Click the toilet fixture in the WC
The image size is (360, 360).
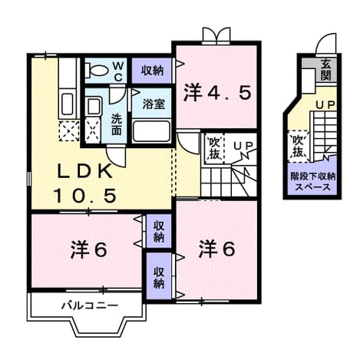pyautogui.click(x=97, y=70)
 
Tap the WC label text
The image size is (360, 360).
pyautogui.click(x=117, y=71)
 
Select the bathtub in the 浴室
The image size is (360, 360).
pyautogui.click(x=151, y=130)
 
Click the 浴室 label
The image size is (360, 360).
pyautogui.click(x=154, y=104)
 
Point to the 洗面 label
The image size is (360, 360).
pyautogui.click(x=116, y=124)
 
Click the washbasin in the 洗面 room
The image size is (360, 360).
pyautogui.click(x=94, y=106)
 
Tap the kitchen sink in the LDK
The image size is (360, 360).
pyautogui.click(x=68, y=104)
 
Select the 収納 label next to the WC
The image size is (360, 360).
pyautogui.click(x=153, y=70)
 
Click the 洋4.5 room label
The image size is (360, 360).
pyautogui.click(x=217, y=94)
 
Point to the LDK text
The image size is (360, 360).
pyautogui.click(x=84, y=172)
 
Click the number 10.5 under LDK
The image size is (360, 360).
pyautogui.click(x=85, y=195)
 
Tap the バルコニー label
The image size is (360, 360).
pyautogui.click(x=90, y=306)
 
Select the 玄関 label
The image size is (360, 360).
pyautogui.click(x=325, y=70)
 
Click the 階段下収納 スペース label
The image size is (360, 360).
pyautogui.click(x=312, y=182)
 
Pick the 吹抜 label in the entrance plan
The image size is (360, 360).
pyautogui.click(x=298, y=146)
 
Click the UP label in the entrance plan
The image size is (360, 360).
pyautogui.click(x=325, y=105)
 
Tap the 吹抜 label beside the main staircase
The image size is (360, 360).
pyautogui.click(x=214, y=148)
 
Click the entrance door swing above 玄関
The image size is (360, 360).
pyautogui.click(x=326, y=44)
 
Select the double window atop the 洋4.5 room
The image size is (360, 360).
pyautogui.click(x=216, y=36)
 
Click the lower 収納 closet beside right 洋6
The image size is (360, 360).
pyautogui.click(x=159, y=276)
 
